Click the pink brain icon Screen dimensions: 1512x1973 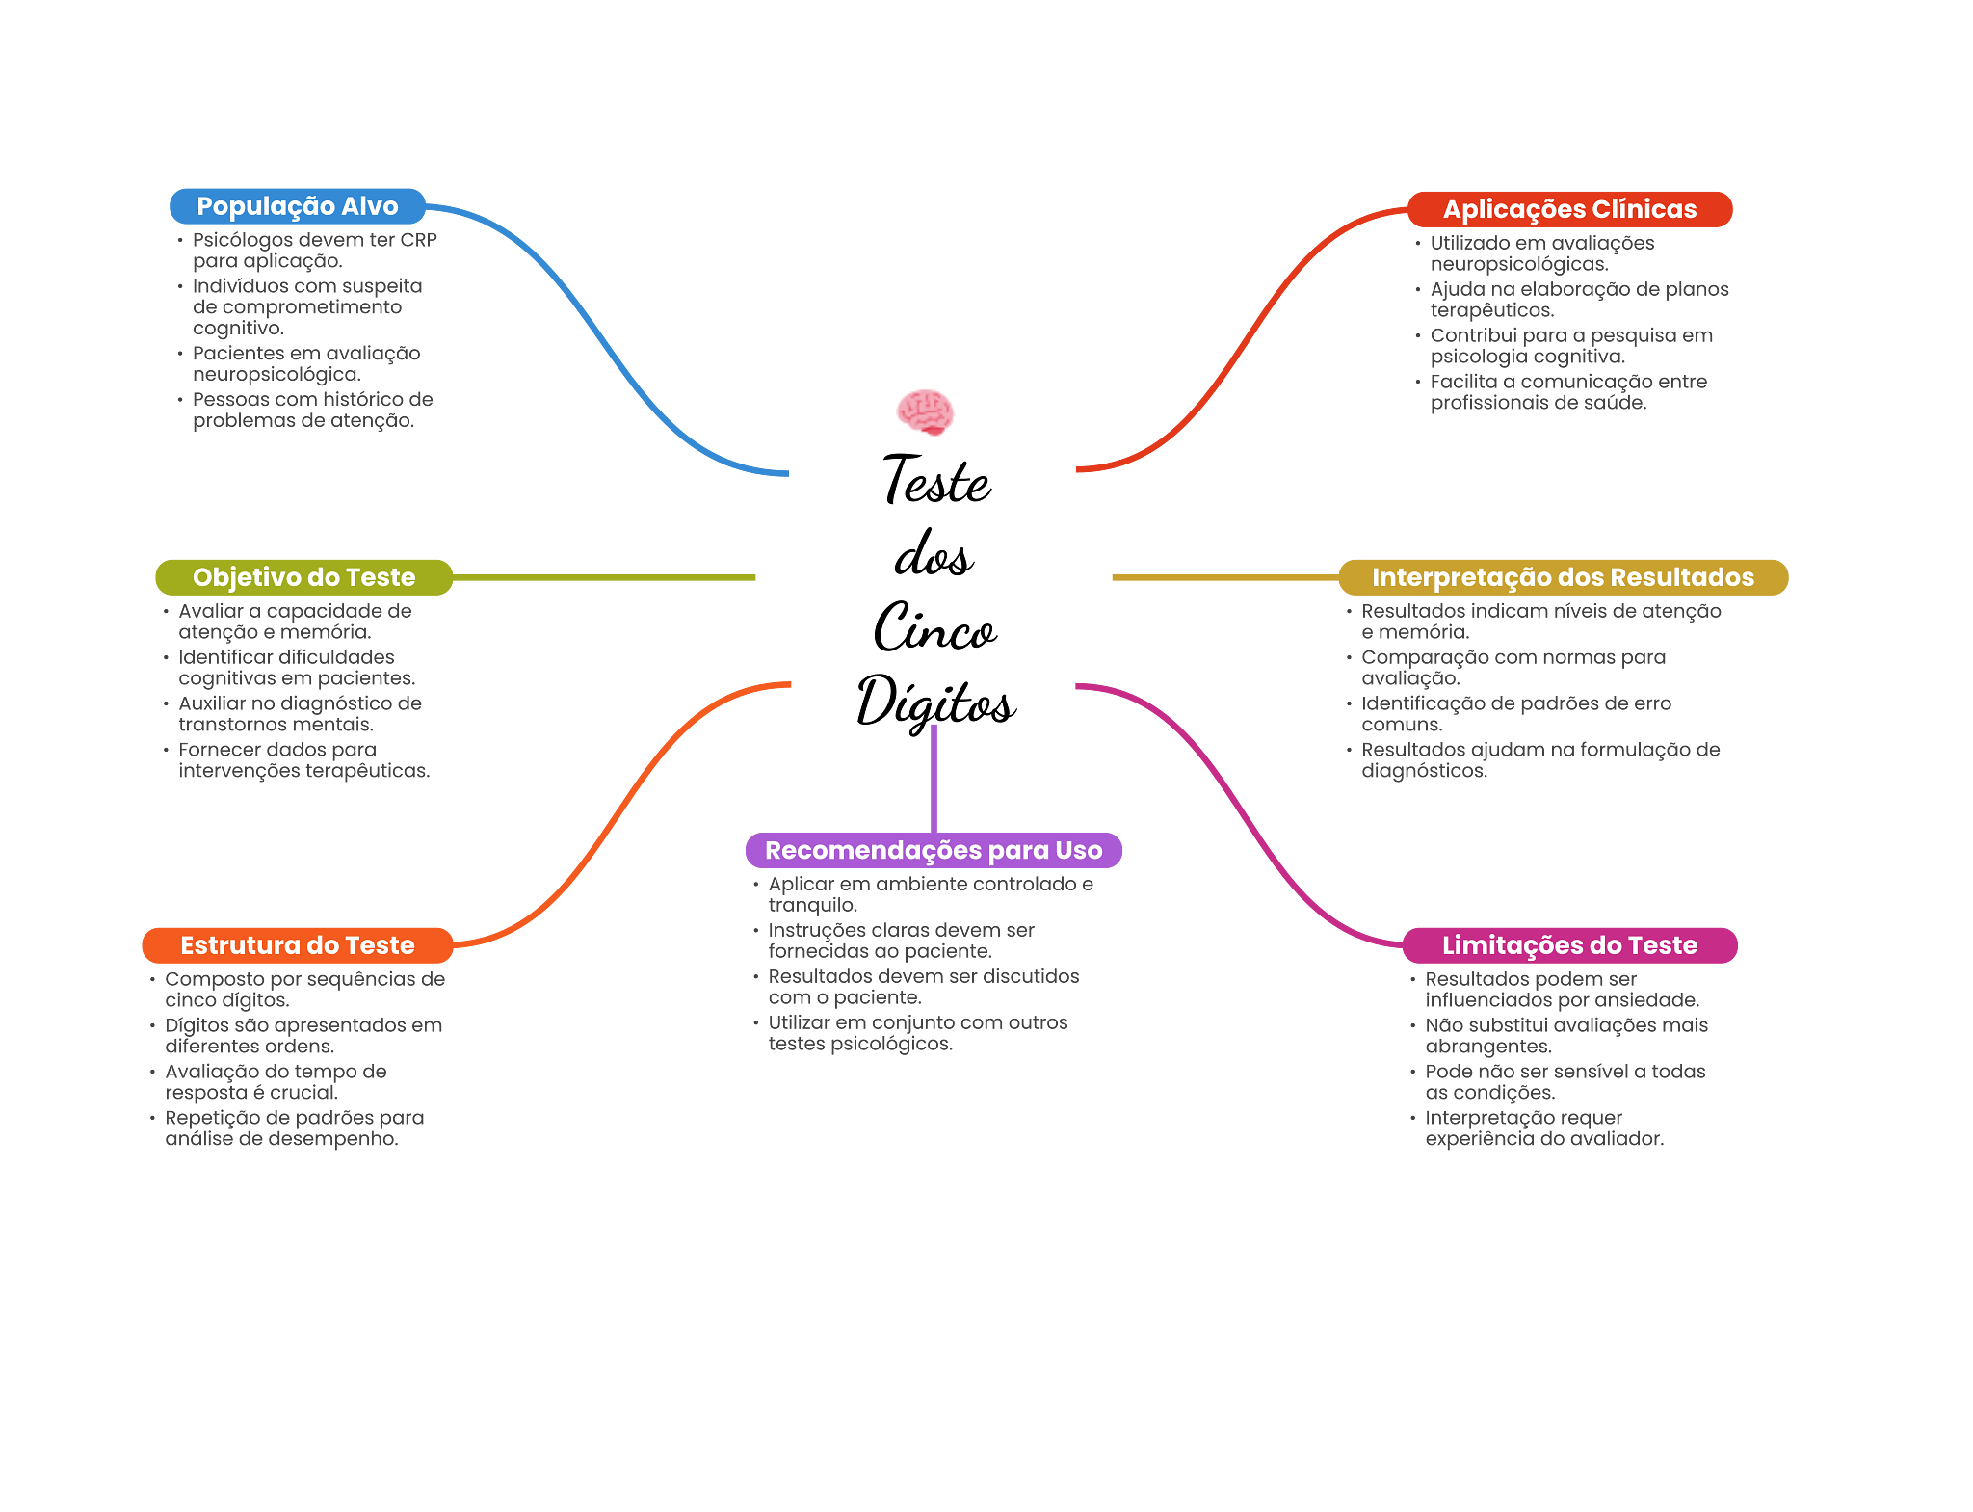[x=925, y=412]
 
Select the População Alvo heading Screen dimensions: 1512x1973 [x=297, y=206]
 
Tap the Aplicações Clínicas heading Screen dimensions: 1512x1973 [x=1569, y=209]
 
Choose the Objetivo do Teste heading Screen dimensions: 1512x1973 [x=303, y=577]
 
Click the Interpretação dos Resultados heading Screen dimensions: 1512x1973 [x=1563, y=577]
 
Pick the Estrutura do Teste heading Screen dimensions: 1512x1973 [x=297, y=945]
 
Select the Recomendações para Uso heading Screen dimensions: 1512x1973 [x=933, y=850]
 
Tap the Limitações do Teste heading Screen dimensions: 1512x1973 [x=1569, y=945]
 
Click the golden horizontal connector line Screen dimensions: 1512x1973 [x=1223, y=578]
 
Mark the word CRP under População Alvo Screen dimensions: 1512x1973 [x=419, y=240]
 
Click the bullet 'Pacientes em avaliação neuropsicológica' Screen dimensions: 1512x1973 [x=305, y=364]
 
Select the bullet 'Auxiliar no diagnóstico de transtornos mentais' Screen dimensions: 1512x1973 [x=300, y=714]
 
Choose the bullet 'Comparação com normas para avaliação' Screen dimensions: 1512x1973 [x=1513, y=668]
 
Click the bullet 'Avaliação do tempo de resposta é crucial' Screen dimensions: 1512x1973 [x=276, y=1082]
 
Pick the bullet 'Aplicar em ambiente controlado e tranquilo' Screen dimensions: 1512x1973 [x=930, y=894]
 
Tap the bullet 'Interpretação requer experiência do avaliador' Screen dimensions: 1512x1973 [x=1543, y=1128]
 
